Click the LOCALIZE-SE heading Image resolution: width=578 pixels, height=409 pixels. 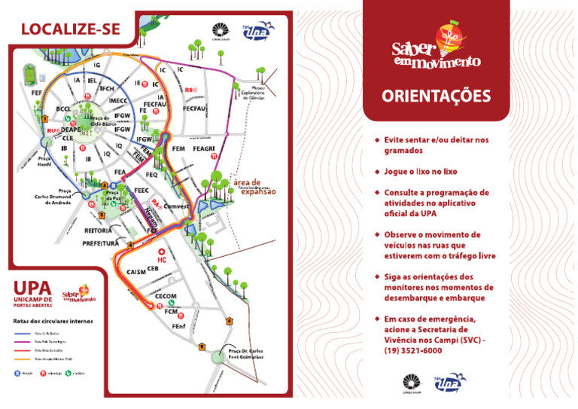pyautogui.click(x=71, y=29)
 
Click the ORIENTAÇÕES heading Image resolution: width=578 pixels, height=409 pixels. pyautogui.click(x=436, y=96)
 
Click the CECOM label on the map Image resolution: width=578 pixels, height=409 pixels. pyautogui.click(x=166, y=296)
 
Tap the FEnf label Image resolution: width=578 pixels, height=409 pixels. pyautogui.click(x=179, y=326)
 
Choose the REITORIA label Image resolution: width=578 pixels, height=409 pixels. pyautogui.click(x=99, y=230)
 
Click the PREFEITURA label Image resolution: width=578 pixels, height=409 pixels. pyautogui.click(x=101, y=243)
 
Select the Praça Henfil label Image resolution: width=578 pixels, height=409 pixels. pyautogui.click(x=44, y=163)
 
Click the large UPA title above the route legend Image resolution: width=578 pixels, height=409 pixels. pyautogui.click(x=34, y=287)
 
